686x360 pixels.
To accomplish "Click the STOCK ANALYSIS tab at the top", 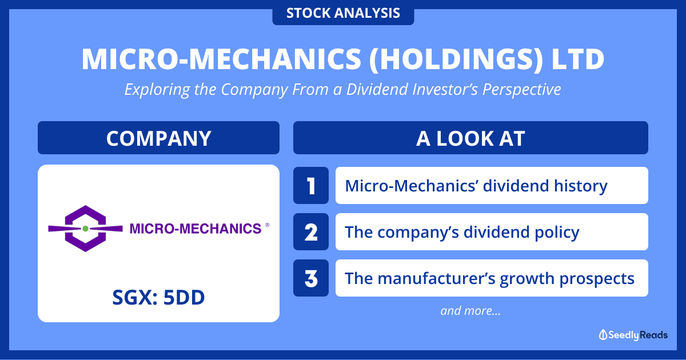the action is (x=343, y=13).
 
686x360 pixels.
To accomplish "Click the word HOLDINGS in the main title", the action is (x=456, y=59).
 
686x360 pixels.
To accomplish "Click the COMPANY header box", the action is (x=159, y=138).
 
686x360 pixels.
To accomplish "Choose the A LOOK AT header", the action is (x=470, y=138).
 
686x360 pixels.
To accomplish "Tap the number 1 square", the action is (x=311, y=186).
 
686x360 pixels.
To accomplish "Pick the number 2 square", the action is (x=311, y=232).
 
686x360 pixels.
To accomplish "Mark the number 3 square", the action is (x=311, y=278).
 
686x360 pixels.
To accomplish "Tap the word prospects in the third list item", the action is (x=597, y=279).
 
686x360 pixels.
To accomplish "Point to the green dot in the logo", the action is (x=85, y=229).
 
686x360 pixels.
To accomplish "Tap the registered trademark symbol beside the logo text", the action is (x=268, y=225).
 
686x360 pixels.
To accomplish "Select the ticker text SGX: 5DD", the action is (x=159, y=298).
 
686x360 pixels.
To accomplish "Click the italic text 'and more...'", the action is (x=470, y=311).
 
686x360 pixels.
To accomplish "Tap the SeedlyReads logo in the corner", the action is (x=633, y=335).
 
